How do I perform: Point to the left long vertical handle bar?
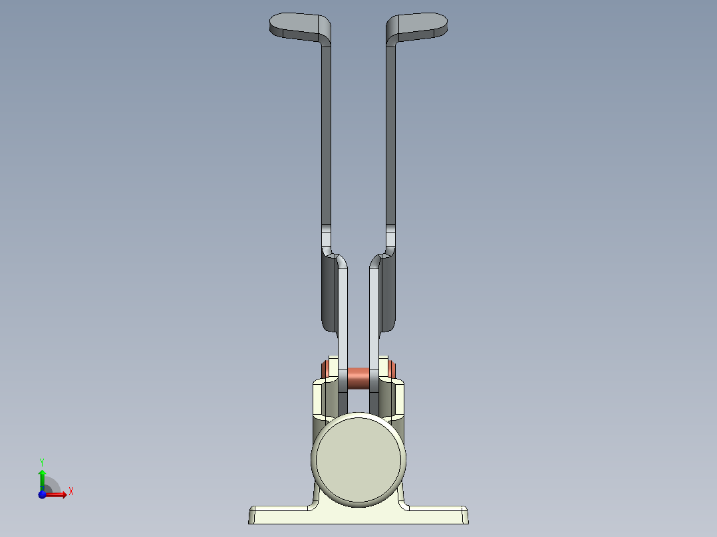pyautogui.click(x=326, y=133)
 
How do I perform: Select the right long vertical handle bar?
pyautogui.click(x=391, y=133)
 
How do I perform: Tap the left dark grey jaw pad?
pyautogui.click(x=329, y=292)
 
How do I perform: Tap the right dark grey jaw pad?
pyautogui.click(x=388, y=292)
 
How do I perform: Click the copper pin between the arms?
pyautogui.click(x=358, y=378)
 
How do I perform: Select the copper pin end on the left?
pyautogui.click(x=325, y=367)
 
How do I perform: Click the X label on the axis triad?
pyautogui.click(x=71, y=492)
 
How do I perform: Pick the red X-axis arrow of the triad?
pyautogui.click(x=58, y=494)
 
